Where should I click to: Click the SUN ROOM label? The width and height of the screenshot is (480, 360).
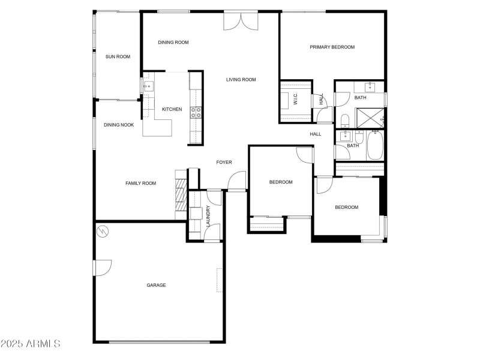pos(118,57)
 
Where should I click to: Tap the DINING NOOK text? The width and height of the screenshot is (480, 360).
pos(119,125)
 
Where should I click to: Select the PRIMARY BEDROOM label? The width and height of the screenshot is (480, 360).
pos(332,47)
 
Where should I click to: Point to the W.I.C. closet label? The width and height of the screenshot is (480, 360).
pos(296,100)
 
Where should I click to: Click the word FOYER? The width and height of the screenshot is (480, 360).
pos(224,162)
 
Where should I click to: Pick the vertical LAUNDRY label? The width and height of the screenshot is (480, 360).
pos(208,215)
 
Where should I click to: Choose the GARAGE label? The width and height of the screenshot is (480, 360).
pos(156,285)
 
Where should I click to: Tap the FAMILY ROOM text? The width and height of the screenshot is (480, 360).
pos(140,183)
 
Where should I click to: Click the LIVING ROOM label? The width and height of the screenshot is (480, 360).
pos(241,79)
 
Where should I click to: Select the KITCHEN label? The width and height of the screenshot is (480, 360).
pos(172,109)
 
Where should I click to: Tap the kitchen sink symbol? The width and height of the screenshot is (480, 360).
pos(148,86)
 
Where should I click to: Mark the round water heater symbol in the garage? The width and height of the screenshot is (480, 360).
pos(103,230)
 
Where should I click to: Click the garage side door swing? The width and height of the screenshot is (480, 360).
pos(103,267)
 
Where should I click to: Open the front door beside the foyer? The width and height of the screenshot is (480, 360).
pos(238,181)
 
